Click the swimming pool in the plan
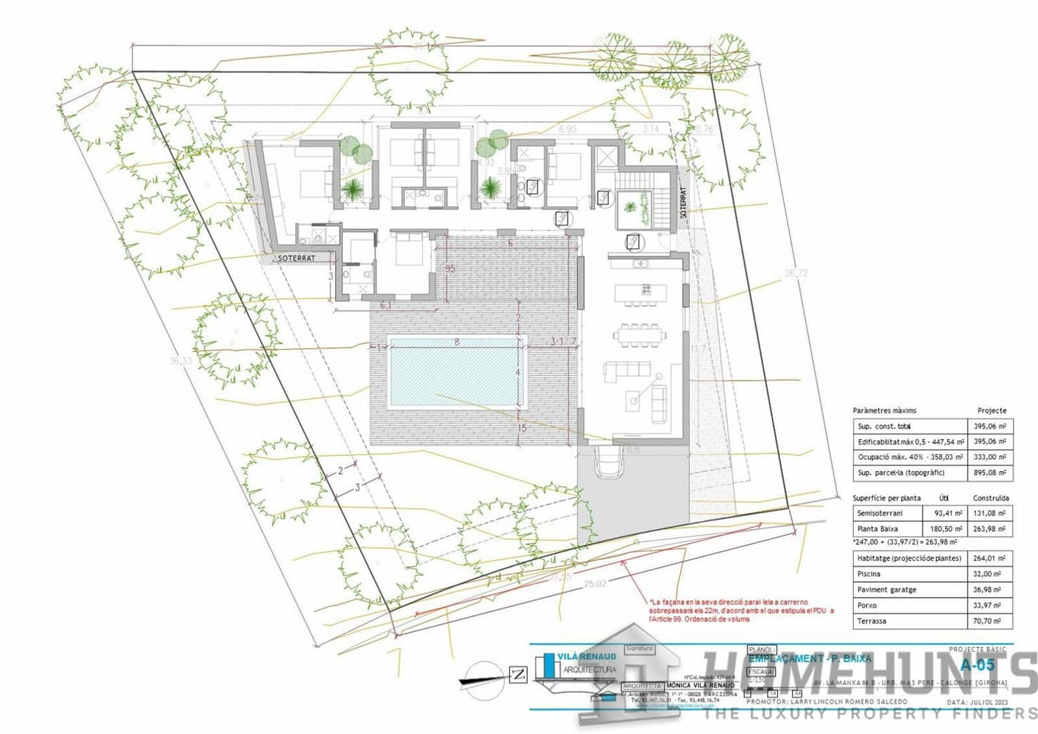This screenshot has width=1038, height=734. click(453, 372)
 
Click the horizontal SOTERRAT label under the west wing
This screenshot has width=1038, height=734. click(297, 258)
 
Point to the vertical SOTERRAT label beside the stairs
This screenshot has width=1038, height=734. click(683, 202)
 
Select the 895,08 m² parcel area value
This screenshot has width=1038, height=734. click(990, 472)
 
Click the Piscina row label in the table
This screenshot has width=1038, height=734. click(869, 574)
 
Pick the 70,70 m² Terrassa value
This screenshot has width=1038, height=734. click(990, 621)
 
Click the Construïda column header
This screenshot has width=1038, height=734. click(990, 498)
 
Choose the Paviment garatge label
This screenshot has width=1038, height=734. click(887, 590)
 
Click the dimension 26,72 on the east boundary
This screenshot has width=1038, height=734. click(796, 273)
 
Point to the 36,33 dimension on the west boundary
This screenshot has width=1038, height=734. click(180, 361)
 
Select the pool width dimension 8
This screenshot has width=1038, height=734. click(457, 342)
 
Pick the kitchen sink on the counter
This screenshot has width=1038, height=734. click(640, 263)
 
